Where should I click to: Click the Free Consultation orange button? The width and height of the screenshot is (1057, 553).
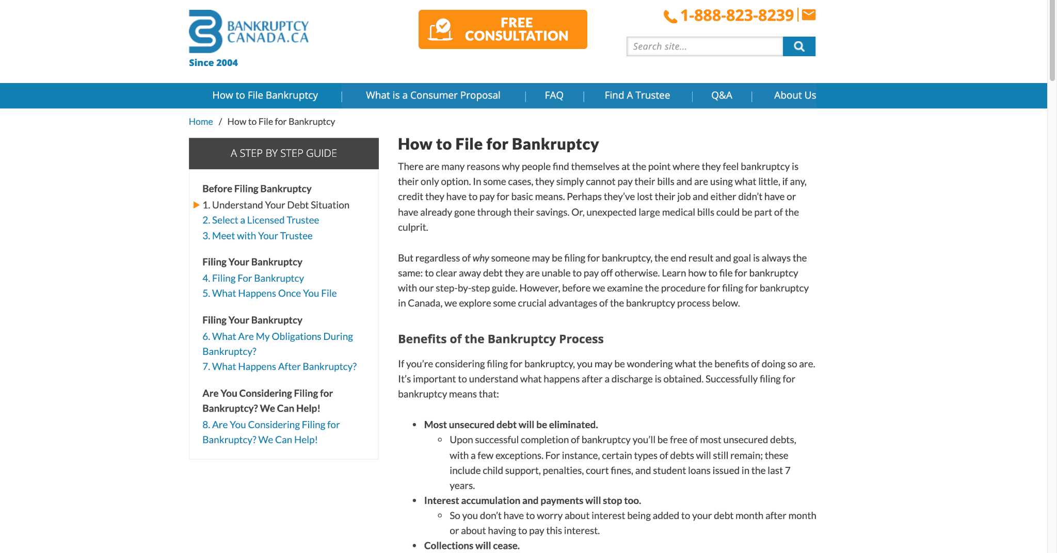click(502, 29)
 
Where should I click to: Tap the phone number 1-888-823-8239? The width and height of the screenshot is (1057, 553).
click(736, 15)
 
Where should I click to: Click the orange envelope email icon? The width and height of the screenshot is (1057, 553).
click(809, 14)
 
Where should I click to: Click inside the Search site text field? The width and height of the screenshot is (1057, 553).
click(704, 46)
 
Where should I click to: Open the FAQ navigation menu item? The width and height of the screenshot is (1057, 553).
click(554, 95)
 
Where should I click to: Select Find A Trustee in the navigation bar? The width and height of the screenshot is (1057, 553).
click(637, 95)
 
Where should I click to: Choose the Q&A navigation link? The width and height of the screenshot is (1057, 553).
click(722, 95)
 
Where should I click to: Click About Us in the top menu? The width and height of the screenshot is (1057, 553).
click(795, 95)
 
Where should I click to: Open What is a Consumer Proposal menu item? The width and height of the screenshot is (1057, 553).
click(433, 95)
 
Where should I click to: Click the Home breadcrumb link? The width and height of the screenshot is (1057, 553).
click(201, 122)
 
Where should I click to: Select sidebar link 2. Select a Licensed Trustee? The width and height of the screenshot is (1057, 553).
click(261, 220)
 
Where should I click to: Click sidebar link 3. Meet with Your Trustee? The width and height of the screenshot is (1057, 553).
click(258, 236)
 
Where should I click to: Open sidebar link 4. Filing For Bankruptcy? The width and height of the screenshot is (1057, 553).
click(253, 278)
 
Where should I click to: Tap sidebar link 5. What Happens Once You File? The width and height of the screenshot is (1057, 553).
click(269, 294)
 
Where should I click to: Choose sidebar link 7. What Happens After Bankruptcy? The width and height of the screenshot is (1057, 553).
click(279, 367)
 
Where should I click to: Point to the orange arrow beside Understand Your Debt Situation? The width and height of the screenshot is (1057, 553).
click(197, 205)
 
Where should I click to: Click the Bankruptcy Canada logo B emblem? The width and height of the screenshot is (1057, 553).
click(205, 31)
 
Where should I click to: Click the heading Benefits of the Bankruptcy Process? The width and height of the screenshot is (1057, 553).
click(501, 339)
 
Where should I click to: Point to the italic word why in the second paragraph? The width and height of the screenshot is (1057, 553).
click(481, 258)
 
